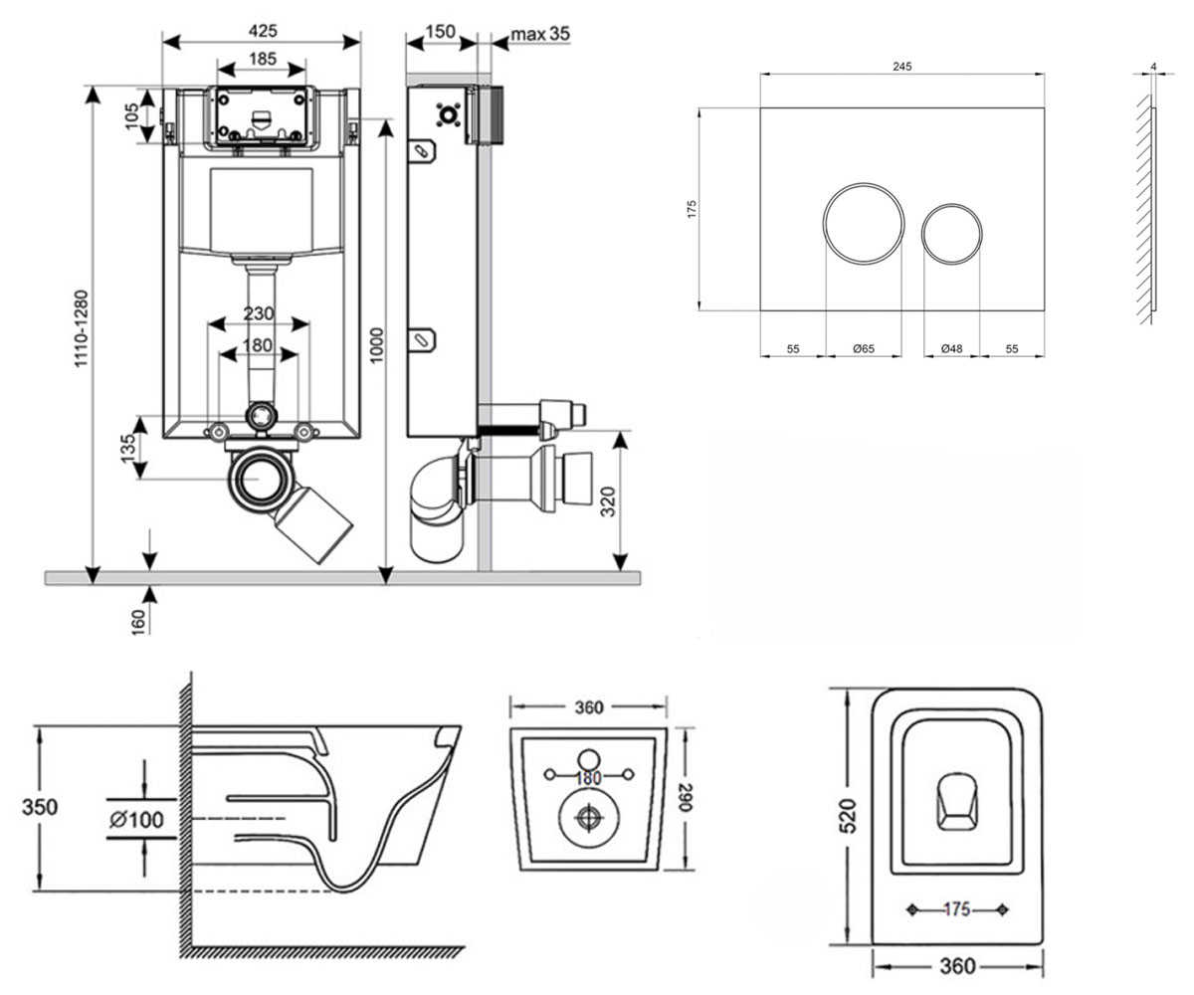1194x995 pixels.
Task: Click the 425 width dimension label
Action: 263,30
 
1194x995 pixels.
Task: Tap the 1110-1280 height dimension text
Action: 82,328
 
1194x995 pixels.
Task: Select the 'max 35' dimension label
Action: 540,34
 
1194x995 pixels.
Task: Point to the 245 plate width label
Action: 901,67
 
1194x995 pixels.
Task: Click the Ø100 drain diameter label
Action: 136,820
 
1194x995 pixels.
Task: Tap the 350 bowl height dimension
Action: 40,807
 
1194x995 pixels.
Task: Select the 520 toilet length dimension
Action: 849,816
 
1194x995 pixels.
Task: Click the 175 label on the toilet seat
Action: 956,909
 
